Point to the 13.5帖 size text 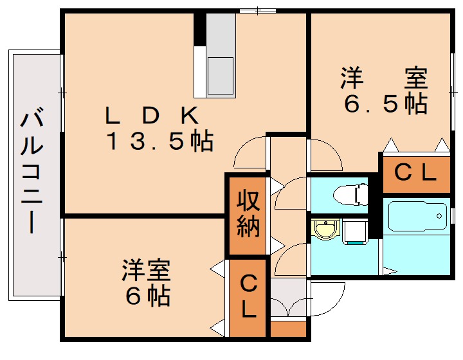tap(159, 141)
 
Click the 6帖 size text tap(147, 296)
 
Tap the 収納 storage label tap(247, 214)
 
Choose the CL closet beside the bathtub tap(415, 172)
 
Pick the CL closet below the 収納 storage tap(248, 296)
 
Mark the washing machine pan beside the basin tap(354, 231)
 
